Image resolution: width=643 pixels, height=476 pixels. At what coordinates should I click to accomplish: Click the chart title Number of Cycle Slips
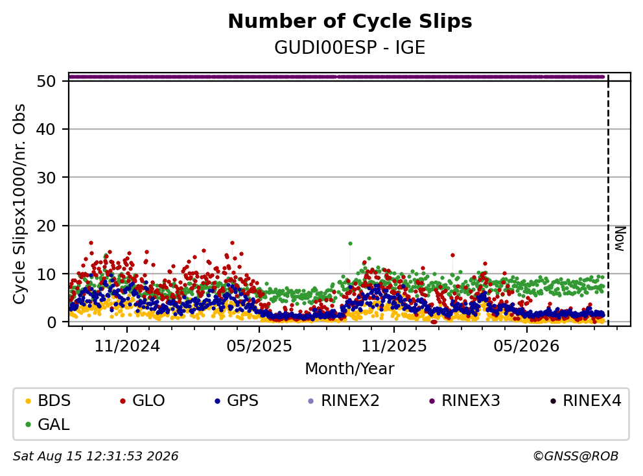point(350,21)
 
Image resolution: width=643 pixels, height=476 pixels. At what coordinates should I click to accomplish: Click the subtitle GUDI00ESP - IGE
point(350,47)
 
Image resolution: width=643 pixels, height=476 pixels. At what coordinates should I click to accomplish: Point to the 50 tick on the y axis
point(46,81)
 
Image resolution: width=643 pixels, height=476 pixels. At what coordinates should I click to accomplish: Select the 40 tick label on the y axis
point(46,129)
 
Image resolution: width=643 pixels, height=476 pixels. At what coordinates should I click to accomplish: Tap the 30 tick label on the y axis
point(46,177)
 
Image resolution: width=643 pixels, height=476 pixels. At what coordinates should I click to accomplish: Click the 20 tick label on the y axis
point(46,226)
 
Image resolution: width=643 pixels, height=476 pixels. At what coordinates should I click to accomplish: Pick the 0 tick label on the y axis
point(51,322)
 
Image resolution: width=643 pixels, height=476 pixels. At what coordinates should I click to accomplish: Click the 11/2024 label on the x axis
point(127,346)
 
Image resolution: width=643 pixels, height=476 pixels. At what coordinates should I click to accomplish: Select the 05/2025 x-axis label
point(259,346)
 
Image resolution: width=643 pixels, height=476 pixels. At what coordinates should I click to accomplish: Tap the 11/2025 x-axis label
point(393,346)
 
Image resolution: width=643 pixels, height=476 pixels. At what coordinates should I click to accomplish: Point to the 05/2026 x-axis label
point(526,346)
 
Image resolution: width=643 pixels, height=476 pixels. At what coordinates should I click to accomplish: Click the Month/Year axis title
point(349,368)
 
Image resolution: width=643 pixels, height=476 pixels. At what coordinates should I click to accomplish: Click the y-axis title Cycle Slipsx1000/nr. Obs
point(19,204)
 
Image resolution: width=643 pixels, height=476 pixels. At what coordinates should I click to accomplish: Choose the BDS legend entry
point(48,401)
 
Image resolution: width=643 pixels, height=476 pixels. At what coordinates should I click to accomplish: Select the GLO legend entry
point(143,401)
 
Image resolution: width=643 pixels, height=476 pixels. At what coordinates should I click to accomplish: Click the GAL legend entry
point(47,424)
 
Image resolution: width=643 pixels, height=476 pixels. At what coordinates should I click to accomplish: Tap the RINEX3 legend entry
point(465,401)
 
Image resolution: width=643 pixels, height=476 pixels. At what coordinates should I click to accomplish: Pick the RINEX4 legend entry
point(585,401)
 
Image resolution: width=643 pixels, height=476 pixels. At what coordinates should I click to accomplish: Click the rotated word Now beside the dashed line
point(620,239)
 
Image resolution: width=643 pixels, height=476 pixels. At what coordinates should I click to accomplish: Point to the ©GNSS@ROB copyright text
point(576,456)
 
